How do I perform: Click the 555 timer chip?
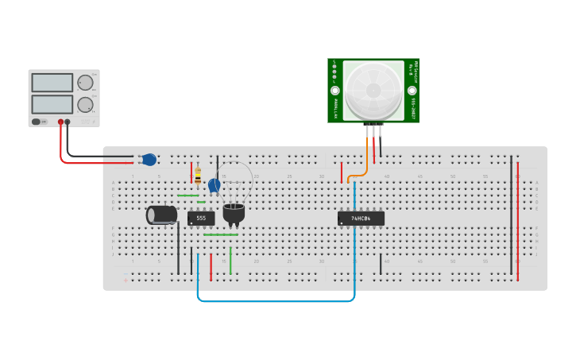tap(201, 218)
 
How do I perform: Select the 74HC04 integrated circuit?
tap(361, 218)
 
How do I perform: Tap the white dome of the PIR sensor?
tap(373, 88)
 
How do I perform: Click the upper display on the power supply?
tap(52, 83)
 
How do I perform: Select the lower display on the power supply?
tap(52, 104)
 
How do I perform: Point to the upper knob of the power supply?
tap(85, 83)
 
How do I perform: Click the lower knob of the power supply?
tap(85, 104)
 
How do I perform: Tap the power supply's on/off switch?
tap(37, 122)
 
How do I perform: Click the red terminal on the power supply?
tap(60, 122)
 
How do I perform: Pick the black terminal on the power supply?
tap(68, 122)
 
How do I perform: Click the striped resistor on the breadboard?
tap(198, 176)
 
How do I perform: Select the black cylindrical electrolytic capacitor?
tap(162, 215)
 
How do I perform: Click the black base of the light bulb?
tap(234, 213)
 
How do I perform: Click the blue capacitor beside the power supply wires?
tap(149, 160)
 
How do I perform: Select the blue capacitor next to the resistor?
tap(214, 186)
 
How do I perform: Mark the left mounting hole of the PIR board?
tap(335, 91)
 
